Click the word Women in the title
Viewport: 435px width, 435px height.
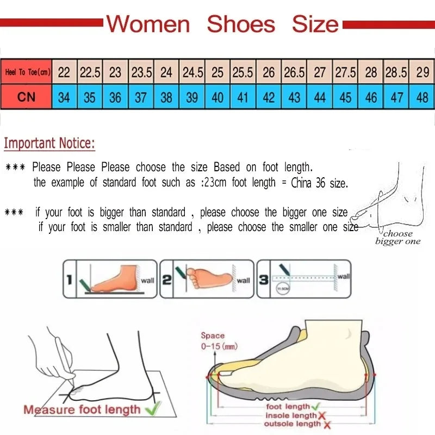[x=148, y=24]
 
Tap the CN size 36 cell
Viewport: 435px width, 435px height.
[x=115, y=98]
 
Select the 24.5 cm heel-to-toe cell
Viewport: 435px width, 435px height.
[x=192, y=72]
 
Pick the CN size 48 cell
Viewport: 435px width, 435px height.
[x=422, y=98]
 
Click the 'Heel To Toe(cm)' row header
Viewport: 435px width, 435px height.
[x=27, y=72]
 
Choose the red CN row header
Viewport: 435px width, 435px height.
[x=27, y=98]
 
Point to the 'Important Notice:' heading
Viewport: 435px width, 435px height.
[x=49, y=144]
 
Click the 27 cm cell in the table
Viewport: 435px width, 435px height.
[x=320, y=72]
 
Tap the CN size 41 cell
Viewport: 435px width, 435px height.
[x=243, y=98]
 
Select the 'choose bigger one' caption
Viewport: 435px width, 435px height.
[x=397, y=238]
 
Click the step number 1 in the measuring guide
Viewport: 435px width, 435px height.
[x=69, y=280]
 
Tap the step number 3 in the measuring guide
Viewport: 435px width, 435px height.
[x=263, y=280]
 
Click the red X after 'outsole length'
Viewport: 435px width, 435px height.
[x=327, y=424]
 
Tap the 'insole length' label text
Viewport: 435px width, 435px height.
[x=290, y=415]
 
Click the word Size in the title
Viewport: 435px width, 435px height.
[x=315, y=24]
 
